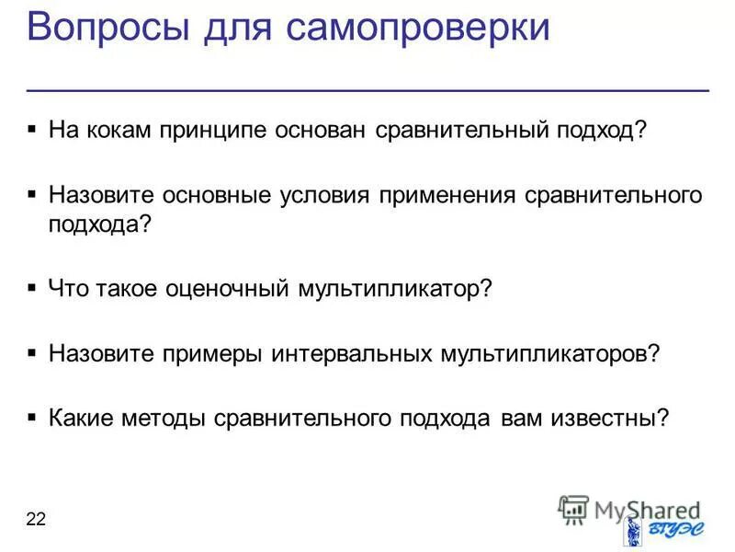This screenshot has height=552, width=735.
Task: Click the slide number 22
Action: tap(36, 521)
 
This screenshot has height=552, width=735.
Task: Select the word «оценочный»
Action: tap(227, 289)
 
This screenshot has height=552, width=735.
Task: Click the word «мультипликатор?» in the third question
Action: tap(396, 289)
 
